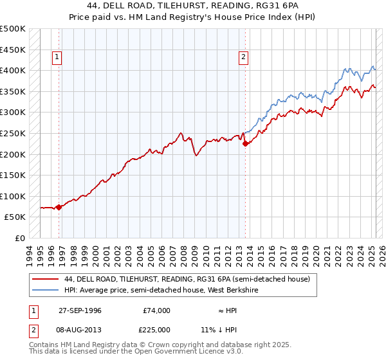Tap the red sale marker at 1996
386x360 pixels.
[x=59, y=207]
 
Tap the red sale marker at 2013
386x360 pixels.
[x=245, y=144]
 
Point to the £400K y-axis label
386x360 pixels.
[x=13, y=70]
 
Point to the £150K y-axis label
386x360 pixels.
[x=13, y=175]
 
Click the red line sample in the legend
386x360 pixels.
[x=45, y=279]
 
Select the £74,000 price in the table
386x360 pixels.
[x=156, y=310]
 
